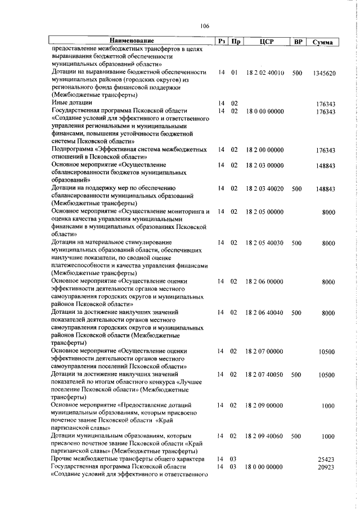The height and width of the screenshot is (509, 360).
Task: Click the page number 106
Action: tap(204, 26)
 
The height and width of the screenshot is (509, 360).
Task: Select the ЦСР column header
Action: tap(267, 42)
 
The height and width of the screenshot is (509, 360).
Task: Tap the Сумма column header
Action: tap(324, 42)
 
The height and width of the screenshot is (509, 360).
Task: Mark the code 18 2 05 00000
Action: tap(264, 212)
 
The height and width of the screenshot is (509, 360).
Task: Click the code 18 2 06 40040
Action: tap(264, 312)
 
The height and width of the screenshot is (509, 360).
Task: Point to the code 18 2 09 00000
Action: tap(264, 405)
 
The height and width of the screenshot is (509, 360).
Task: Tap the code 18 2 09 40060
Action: tap(264, 436)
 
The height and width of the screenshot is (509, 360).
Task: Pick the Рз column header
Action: tap(222, 42)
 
